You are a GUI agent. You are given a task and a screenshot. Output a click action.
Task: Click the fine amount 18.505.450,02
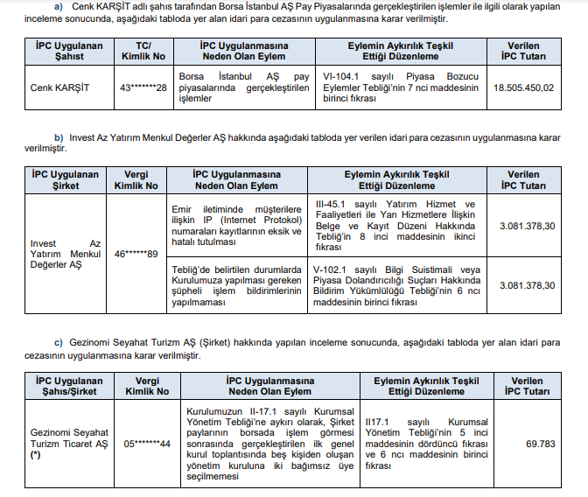tap(523, 87)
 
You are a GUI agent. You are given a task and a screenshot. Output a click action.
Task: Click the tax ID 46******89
tap(133, 254)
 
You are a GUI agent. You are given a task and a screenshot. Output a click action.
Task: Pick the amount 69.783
tap(541, 444)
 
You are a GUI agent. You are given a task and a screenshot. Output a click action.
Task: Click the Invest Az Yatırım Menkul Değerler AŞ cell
tap(66, 254)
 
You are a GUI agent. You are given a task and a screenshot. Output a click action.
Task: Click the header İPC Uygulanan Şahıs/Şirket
tap(68, 387)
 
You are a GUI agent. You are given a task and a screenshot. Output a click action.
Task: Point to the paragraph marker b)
tap(59, 138)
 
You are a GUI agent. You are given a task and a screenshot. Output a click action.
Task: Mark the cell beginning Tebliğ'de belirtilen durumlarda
tap(236, 285)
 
